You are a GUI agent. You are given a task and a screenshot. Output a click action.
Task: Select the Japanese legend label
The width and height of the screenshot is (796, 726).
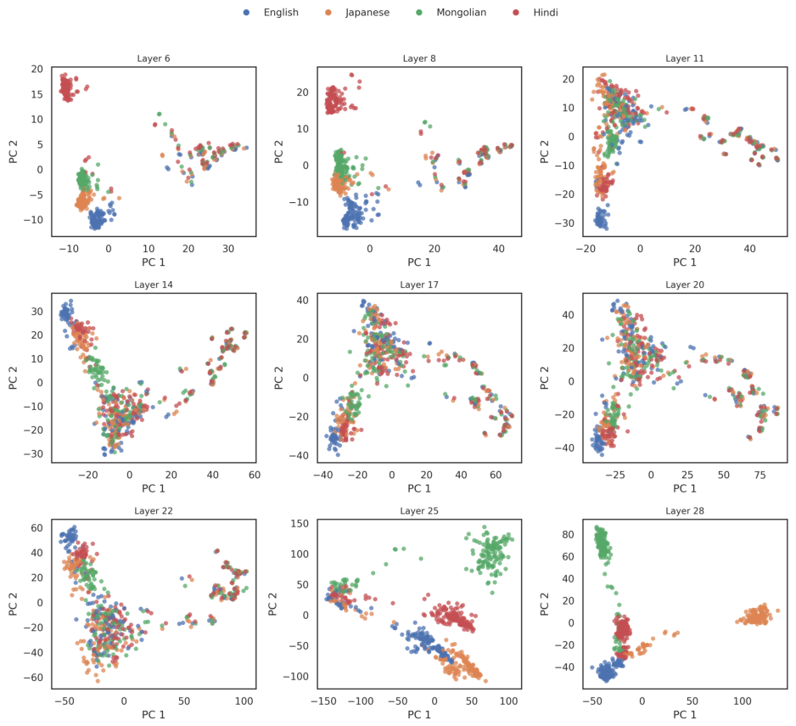pos(367,13)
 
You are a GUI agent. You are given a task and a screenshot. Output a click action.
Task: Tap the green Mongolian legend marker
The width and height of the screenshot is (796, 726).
pos(419,12)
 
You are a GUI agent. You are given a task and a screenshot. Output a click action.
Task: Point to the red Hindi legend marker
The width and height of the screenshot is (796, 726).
pos(516,12)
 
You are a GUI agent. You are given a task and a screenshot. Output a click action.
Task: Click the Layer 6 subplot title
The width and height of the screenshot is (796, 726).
pos(154,59)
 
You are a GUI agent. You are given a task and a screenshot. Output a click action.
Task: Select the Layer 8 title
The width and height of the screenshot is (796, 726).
pos(419,59)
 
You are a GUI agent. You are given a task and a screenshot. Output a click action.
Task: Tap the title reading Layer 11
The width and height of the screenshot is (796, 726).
pos(685,59)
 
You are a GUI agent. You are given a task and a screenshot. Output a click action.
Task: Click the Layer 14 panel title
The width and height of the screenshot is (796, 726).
pos(154,284)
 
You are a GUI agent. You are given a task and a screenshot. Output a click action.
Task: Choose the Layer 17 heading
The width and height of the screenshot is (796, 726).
pos(419,284)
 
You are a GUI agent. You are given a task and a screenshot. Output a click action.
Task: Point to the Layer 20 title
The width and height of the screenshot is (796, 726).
pos(685,284)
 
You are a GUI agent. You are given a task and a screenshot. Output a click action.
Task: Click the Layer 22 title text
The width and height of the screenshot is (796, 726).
pos(154,510)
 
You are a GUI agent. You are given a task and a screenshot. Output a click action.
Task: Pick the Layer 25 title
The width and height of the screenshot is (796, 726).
pos(419,510)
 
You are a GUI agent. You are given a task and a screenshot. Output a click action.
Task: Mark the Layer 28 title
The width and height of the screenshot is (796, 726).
pos(685,510)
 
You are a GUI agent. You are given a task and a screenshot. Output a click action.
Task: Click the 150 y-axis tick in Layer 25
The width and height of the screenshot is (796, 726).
pos(300,523)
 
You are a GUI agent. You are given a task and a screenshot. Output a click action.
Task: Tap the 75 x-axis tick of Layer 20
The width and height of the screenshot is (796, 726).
pos(760,475)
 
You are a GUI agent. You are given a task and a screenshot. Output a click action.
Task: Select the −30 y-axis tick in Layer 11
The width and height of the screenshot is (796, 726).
pos(564,223)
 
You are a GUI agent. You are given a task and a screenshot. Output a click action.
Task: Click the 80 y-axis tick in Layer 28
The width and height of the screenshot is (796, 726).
pos(568,534)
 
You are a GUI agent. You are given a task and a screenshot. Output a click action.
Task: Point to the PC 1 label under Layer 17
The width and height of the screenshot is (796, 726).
pos(419,489)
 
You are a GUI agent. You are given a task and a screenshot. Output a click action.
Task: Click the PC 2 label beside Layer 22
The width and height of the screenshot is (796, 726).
pos(14,604)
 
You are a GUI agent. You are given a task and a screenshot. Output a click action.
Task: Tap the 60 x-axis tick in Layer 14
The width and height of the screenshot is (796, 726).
pos(255,475)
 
